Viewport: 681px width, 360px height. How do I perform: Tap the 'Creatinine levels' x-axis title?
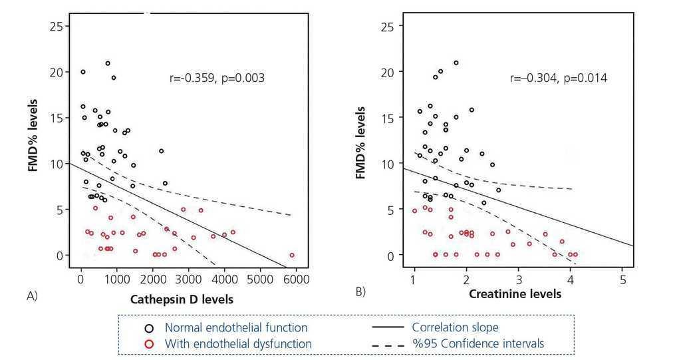point(515,293)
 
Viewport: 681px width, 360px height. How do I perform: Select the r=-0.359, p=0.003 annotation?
point(218,79)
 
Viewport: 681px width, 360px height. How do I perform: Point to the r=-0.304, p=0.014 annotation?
point(558,79)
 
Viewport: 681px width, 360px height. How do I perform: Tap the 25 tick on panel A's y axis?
point(59,27)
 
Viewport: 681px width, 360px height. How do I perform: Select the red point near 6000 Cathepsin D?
point(292,255)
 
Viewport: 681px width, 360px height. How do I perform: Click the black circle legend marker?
point(150,327)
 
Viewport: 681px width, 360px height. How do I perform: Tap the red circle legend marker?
point(150,343)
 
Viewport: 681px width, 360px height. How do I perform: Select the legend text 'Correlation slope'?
point(454,327)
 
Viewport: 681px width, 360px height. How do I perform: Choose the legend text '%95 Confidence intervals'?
point(477,343)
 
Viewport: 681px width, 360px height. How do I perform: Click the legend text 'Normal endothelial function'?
point(235,327)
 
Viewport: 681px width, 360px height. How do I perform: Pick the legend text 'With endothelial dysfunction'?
point(238,343)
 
